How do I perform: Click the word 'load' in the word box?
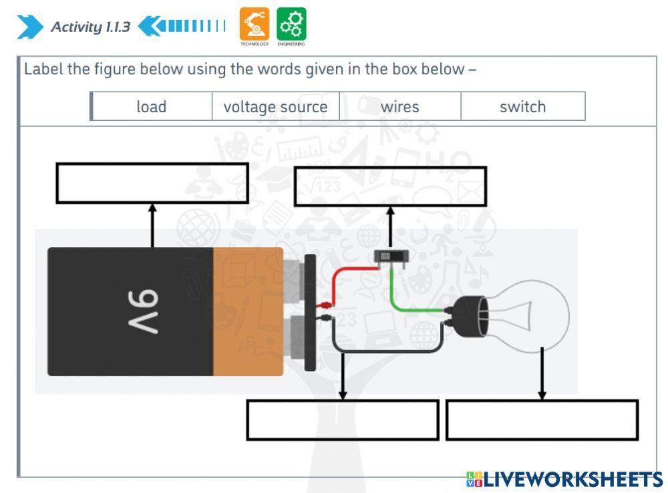point(152,107)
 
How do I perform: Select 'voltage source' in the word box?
point(275,107)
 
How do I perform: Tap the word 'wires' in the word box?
point(399,107)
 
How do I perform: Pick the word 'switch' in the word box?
point(522,107)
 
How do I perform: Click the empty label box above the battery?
point(152,183)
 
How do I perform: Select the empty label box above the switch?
point(390,186)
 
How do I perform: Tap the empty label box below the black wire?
point(343,420)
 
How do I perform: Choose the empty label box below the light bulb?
point(542,420)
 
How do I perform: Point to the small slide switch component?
point(391,257)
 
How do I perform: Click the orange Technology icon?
point(255,24)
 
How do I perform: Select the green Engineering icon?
point(291,24)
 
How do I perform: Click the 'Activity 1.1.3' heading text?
point(90,27)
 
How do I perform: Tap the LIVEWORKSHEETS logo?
point(564,479)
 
